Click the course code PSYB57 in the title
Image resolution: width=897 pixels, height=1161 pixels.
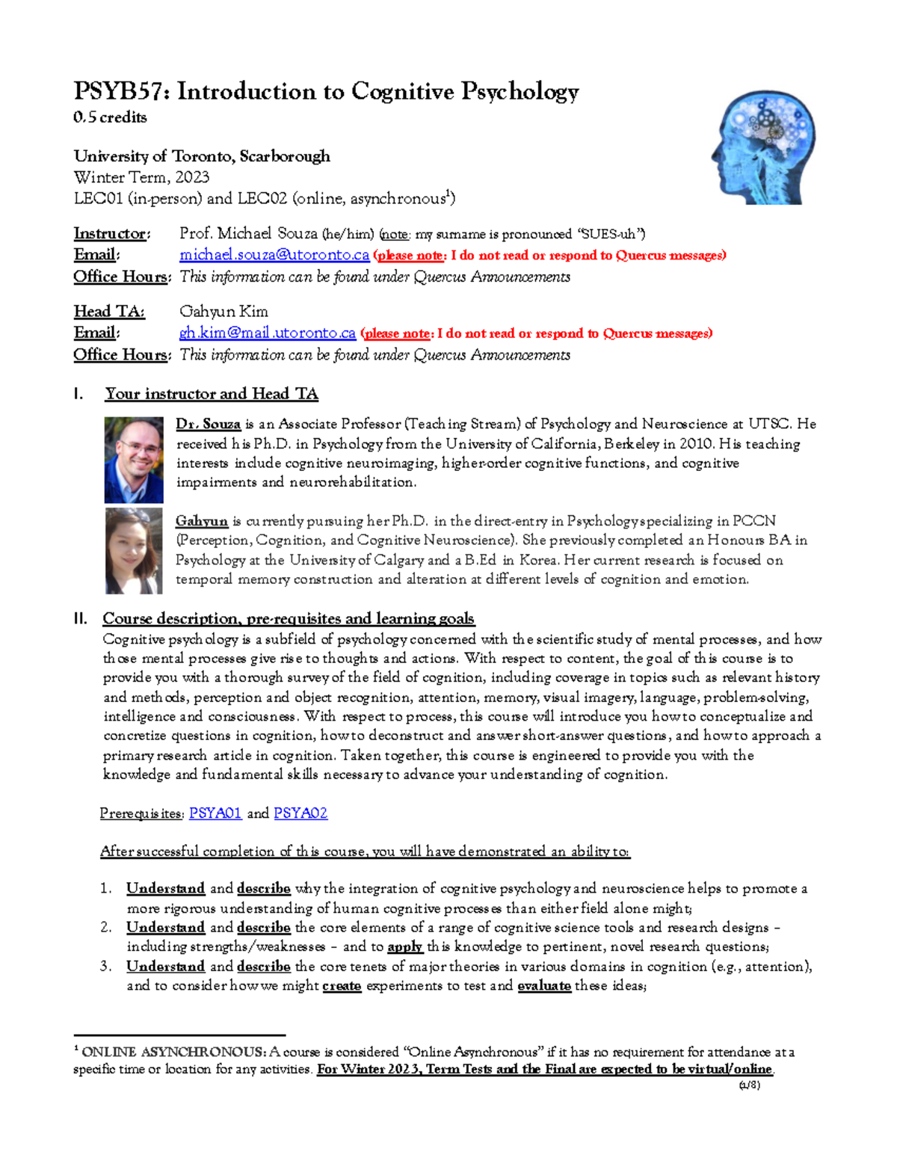click(x=120, y=92)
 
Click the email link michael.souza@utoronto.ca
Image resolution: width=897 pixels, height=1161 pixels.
click(x=274, y=255)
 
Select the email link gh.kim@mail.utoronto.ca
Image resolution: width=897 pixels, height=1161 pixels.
click(x=267, y=333)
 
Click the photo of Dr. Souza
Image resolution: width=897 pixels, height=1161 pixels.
click(x=134, y=460)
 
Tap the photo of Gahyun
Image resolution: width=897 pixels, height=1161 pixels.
click(x=134, y=551)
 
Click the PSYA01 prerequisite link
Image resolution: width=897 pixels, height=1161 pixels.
click(x=215, y=813)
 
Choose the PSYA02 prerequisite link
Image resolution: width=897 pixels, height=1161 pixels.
click(x=300, y=813)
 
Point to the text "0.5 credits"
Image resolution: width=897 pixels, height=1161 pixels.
click(x=110, y=117)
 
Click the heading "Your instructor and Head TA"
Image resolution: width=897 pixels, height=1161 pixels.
click(x=212, y=394)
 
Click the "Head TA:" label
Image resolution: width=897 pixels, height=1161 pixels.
click(x=108, y=312)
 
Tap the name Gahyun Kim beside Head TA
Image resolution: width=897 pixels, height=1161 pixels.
click(x=224, y=312)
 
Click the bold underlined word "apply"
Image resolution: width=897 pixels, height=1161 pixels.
click(x=405, y=946)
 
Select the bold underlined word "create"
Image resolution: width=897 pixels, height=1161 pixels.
click(x=342, y=986)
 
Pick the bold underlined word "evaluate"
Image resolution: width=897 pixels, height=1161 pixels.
click(x=544, y=986)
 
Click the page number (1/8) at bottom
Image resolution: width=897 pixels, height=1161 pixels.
click(x=749, y=1085)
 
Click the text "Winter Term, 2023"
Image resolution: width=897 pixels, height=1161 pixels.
click(x=141, y=177)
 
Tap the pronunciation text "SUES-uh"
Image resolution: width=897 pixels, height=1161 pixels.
click(x=612, y=234)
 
